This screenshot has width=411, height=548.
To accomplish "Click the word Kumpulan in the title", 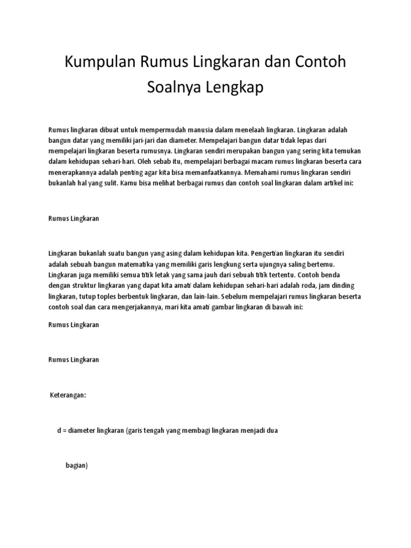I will pos(100,63).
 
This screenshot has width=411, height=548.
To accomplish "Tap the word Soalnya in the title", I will pos(172,88).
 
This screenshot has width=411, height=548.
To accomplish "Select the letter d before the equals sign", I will pos(59,430).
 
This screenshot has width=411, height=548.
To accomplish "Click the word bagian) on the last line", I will pos(77,466).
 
